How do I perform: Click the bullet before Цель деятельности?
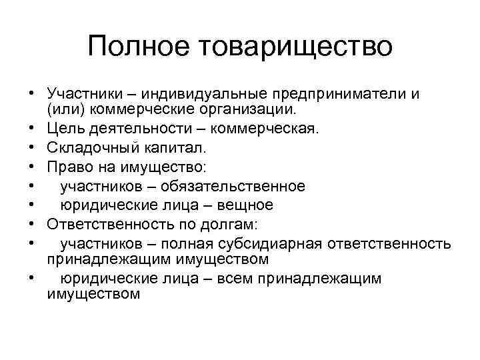point(31,125)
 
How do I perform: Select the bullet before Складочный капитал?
point(31,142)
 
